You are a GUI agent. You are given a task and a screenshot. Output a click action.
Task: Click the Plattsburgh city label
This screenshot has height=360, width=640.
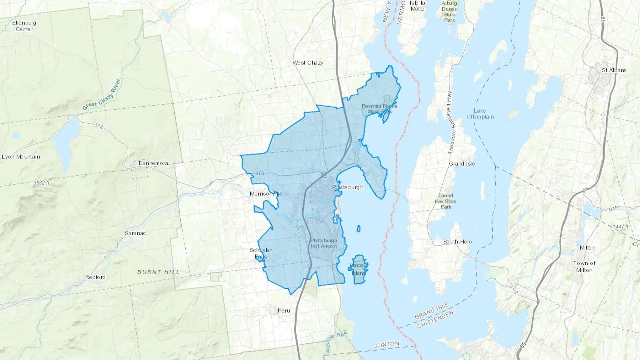coord(348,187)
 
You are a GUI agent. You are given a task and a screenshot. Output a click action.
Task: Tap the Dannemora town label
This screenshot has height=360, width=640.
coord(153,163)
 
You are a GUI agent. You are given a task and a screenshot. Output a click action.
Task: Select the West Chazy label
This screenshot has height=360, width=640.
coord(308,63)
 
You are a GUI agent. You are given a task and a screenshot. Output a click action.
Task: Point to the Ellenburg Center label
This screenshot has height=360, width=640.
coord(24,26)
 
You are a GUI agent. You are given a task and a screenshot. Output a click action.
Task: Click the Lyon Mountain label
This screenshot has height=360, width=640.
coord(21,157)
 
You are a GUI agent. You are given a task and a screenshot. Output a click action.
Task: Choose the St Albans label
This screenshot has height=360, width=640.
coord(614,70)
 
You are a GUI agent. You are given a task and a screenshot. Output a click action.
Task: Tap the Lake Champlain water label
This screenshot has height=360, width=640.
coord(480,114)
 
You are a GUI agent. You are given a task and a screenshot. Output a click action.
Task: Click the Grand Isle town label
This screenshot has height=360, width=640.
coord(462,164)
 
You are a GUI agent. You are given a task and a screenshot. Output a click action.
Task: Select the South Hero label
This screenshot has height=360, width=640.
coord(457,242)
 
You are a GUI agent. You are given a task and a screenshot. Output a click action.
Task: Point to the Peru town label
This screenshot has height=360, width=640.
coord(284,311)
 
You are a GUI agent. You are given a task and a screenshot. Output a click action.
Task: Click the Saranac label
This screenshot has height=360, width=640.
coord(135,233)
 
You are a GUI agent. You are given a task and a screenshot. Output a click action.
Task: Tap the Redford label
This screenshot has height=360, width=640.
coord(95,277)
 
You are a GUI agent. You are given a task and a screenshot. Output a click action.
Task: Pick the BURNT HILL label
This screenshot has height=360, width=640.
coord(159,272)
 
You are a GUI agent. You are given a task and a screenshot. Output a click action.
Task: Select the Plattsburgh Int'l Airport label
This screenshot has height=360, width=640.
coord(324,243)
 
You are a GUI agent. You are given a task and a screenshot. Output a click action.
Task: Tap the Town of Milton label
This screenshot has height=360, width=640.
coord(584,267)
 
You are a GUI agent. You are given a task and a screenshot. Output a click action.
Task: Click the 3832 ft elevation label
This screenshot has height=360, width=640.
coord(42,183)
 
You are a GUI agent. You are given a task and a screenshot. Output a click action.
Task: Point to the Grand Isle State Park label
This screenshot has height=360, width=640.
coord(446,201)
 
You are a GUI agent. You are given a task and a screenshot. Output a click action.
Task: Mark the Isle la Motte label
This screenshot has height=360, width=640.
coord(417,6)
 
